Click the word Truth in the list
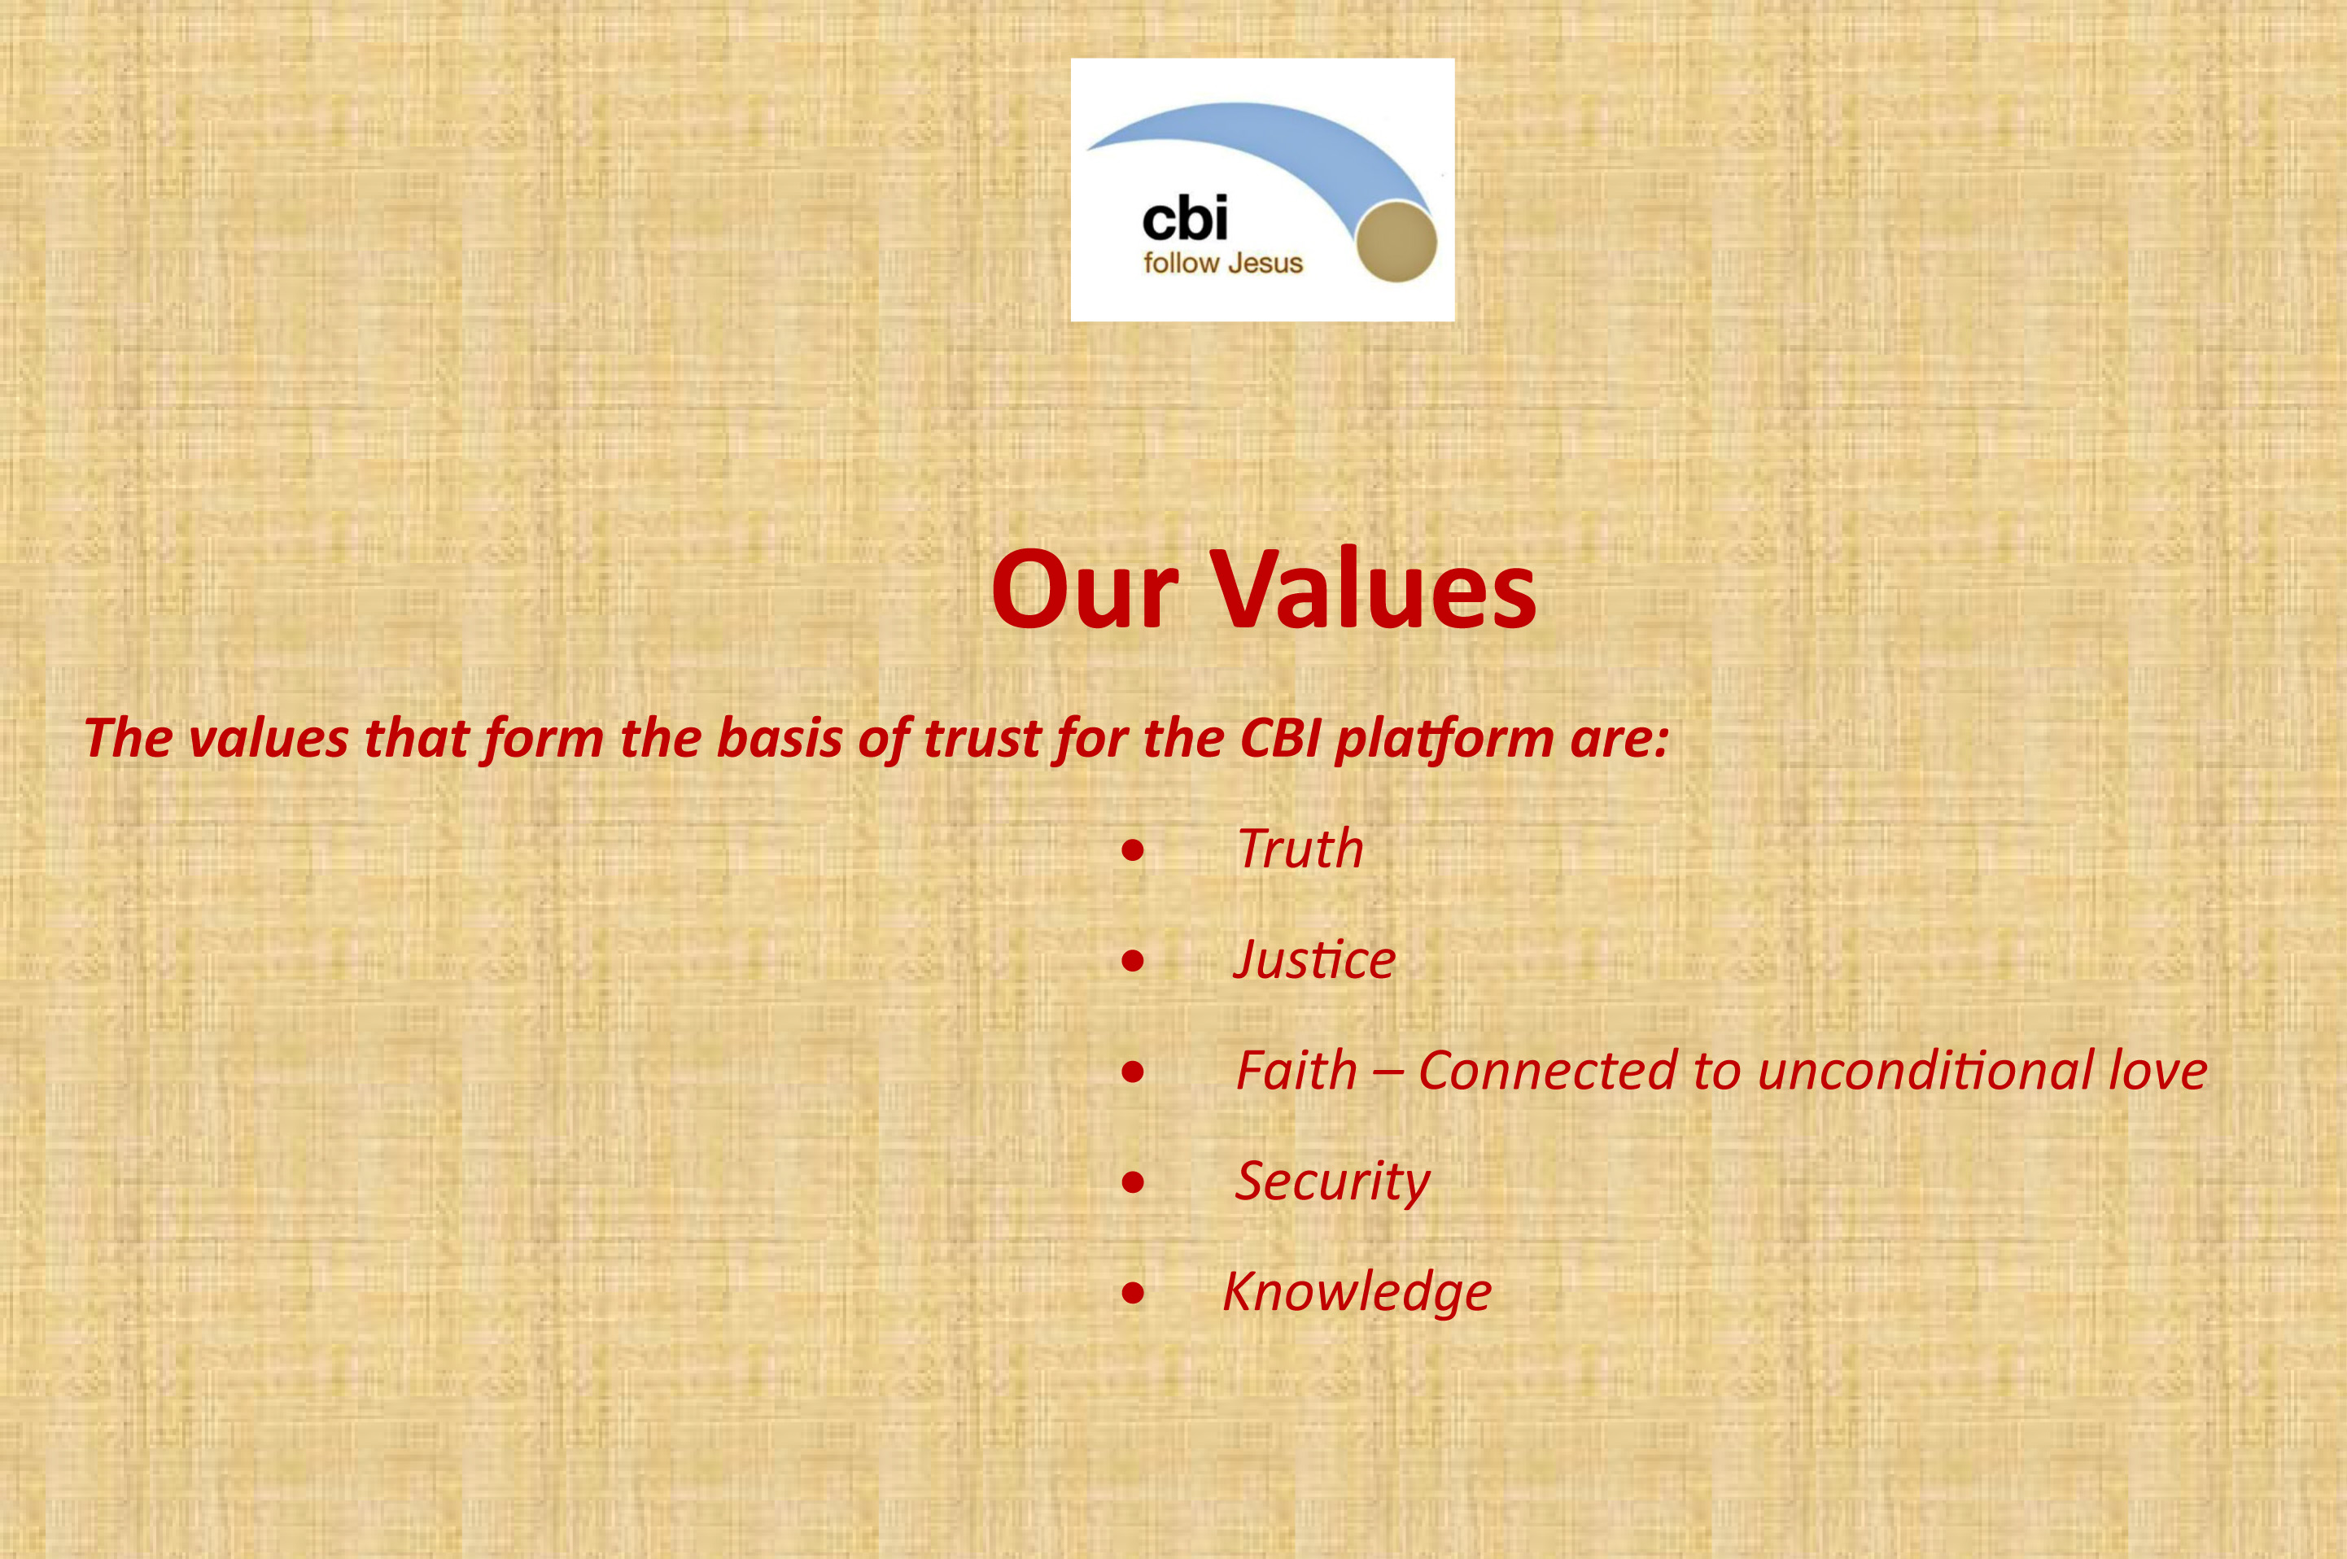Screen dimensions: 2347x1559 coord(1300,849)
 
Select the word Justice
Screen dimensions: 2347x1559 coord(1313,959)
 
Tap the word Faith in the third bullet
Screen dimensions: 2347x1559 coord(1296,1070)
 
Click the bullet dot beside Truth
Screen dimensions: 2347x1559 coord(1132,851)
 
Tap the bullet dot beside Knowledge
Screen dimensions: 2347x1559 coord(1132,1294)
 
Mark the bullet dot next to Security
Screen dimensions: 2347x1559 coord(1132,1183)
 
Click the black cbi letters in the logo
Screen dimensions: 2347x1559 coord(1184,218)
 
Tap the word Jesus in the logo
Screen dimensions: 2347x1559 coord(1265,264)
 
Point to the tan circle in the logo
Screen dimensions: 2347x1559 coord(1396,242)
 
